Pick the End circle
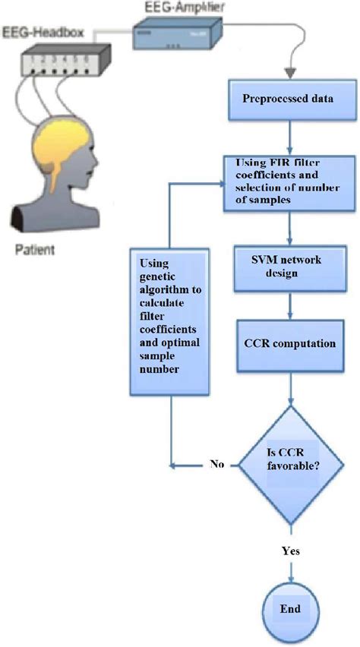coord(289,609)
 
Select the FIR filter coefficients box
coord(288,182)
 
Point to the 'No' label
coord(216,464)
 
